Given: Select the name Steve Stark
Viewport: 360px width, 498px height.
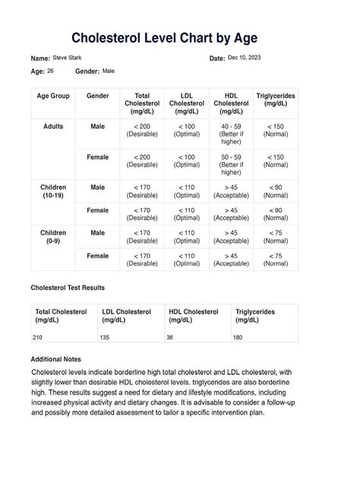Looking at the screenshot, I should click(68, 58).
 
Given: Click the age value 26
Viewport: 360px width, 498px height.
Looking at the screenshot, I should click(50, 71).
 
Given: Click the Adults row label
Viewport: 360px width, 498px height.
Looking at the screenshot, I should click(54, 126).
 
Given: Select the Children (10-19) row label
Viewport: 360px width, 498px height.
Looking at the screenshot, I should click(54, 191).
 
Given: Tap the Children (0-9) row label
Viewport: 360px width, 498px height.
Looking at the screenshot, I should click(54, 237).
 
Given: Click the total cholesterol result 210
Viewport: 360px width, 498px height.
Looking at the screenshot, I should click(39, 336).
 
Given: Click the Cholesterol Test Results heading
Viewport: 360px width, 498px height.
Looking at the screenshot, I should click(68, 288).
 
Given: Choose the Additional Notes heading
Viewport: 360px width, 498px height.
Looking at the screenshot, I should click(55, 359).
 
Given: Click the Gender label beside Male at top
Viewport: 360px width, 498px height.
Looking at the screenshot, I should click(87, 71).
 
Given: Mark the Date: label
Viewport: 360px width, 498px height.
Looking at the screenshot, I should click(216, 58).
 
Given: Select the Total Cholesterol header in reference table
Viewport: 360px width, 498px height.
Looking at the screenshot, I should click(142, 103).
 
